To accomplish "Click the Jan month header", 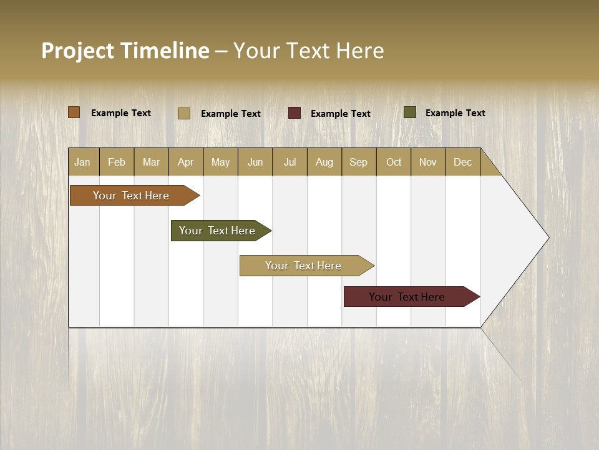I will (x=83, y=162).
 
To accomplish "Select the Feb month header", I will (x=117, y=162).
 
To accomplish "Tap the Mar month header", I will (x=151, y=162).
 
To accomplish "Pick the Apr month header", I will (x=186, y=162).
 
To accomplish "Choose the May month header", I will (x=220, y=162).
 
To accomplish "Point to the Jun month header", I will (x=255, y=162).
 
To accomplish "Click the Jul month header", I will (x=290, y=162).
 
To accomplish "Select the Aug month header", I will (x=324, y=162).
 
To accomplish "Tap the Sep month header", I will (x=359, y=162).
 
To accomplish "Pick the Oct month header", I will (x=394, y=162).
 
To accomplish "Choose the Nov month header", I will (x=428, y=162).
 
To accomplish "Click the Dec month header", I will (x=463, y=162).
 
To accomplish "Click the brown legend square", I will (x=74, y=112).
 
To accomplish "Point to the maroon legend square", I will (x=295, y=113).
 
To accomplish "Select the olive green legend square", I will (x=410, y=112).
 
